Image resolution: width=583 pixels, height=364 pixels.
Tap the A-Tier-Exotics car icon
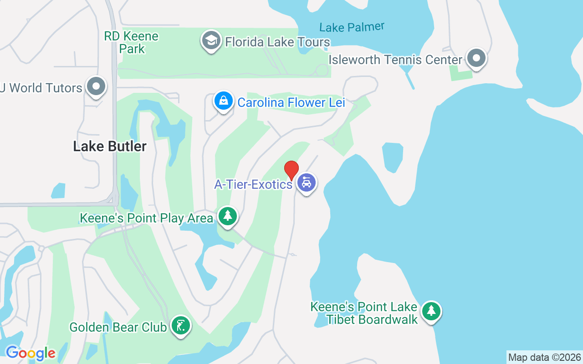point(307,183)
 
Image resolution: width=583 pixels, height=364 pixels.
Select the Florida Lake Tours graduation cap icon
point(211,40)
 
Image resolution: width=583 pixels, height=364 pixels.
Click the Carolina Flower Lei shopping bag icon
point(224,101)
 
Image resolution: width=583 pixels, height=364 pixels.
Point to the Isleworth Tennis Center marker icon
point(476,58)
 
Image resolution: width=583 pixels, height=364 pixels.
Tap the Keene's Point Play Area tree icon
point(227,216)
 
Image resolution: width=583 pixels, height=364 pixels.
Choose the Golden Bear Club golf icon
point(181,326)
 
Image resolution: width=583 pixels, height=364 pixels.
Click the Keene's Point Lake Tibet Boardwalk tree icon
point(431,311)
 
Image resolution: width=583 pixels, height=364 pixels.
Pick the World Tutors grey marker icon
point(96,86)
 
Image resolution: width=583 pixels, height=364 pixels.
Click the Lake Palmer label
point(352,27)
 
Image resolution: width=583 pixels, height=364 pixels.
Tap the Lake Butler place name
point(110,146)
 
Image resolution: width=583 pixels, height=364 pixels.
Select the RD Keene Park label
point(131,42)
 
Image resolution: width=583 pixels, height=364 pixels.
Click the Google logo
point(31,353)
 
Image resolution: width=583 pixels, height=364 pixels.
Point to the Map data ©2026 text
point(545,357)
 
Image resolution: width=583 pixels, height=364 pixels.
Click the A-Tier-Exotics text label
point(253,184)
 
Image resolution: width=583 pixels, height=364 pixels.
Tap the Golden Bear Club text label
point(118,327)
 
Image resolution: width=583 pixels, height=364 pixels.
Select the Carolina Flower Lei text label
point(291,102)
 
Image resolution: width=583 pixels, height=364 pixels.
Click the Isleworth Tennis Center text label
point(395,60)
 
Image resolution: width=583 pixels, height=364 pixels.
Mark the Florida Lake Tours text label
point(277,42)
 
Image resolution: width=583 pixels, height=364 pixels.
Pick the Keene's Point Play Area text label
point(146,218)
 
